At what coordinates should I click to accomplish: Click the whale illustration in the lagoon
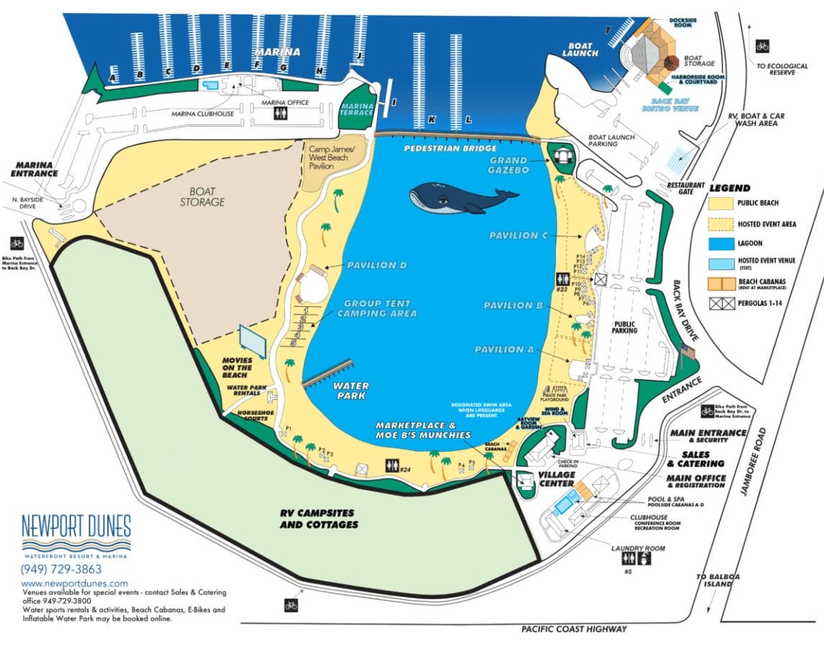[461, 198]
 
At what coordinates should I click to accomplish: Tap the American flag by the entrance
[687, 352]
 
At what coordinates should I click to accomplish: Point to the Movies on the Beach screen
[253, 340]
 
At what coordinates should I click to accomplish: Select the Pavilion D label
[377, 265]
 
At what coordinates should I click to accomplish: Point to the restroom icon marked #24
[393, 465]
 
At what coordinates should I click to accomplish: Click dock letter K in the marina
[432, 120]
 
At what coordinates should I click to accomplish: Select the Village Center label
[557, 479]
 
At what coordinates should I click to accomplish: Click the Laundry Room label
[638, 548]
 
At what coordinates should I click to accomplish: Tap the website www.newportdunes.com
[75, 583]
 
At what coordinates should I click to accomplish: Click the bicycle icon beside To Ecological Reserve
[762, 47]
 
